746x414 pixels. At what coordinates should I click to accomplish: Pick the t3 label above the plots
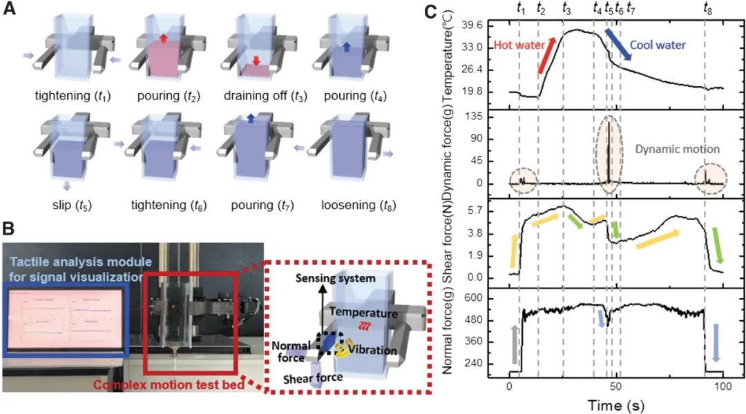[566, 8]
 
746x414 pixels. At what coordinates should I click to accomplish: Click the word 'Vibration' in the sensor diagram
[373, 351]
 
